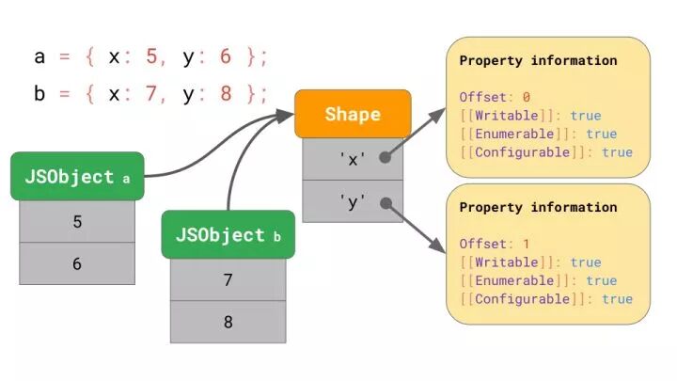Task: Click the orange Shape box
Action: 353,114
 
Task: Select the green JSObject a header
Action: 77,177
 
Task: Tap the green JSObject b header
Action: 228,235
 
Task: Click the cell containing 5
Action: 77,222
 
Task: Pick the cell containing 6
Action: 77,264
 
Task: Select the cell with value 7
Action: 228,280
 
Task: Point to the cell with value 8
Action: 228,322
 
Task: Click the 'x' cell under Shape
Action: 353,159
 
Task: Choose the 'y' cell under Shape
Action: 353,201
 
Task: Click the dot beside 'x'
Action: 386,159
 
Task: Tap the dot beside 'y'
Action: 386,201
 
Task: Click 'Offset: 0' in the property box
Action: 495,97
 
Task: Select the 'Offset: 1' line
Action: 495,244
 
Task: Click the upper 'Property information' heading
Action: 538,60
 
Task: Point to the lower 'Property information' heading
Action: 538,207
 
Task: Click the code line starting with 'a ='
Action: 150,56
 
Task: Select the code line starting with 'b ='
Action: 150,94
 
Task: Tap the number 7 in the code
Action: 153,94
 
